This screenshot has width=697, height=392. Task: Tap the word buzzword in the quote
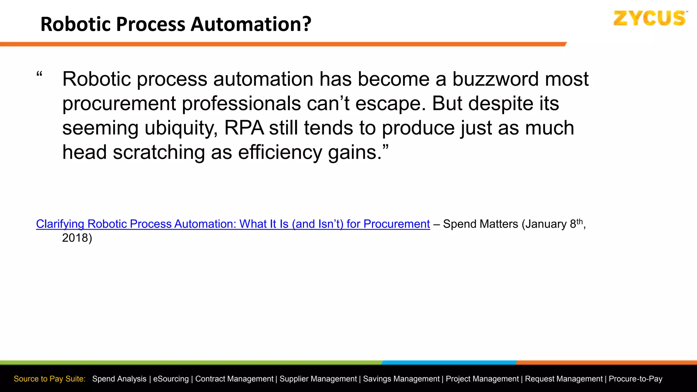coord(495,79)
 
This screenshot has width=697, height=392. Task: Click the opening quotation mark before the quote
coord(39,75)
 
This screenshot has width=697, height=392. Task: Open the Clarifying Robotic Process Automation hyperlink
coord(233,224)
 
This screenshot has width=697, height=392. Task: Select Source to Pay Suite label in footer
coord(49,379)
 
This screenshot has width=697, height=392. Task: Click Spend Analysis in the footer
coord(119,379)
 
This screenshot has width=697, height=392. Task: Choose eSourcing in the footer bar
coord(171,379)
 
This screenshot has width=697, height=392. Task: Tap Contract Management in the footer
coord(234,379)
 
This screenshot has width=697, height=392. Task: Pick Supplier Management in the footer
coord(318,379)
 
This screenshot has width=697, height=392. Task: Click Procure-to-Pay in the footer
coord(635,379)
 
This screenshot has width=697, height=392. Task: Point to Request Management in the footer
coord(564,379)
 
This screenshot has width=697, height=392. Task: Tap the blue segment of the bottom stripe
coord(449,362)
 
